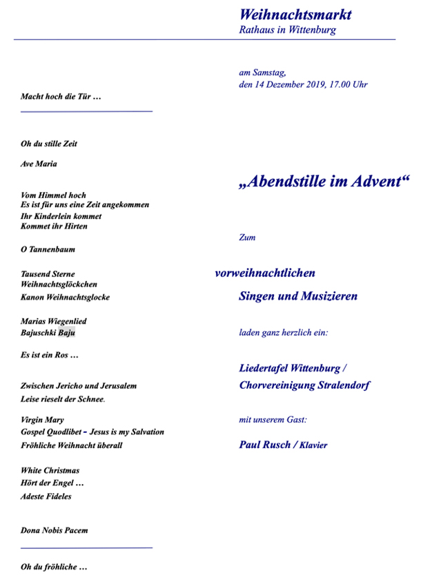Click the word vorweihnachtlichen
click(x=265, y=273)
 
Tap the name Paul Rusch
click(x=264, y=445)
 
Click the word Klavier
click(x=313, y=445)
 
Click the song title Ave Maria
click(x=39, y=164)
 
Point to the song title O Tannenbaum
click(x=48, y=249)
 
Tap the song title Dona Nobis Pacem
click(x=54, y=530)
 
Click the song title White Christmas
click(x=50, y=470)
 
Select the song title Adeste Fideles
click(x=46, y=496)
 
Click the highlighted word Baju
click(x=66, y=332)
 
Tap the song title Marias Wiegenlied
click(x=54, y=321)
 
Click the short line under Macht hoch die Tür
click(x=86, y=110)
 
